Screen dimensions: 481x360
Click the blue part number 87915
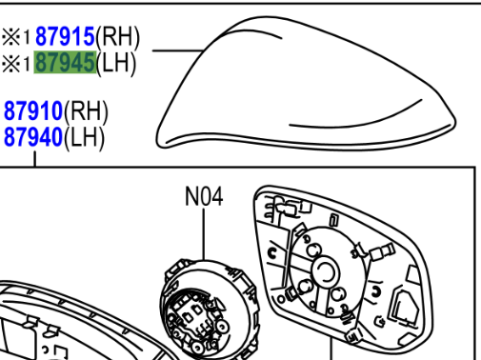pyautogui.click(x=65, y=36)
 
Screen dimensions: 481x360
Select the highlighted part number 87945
pyautogui.click(x=65, y=62)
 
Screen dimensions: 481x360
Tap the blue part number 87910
pyautogui.click(x=33, y=110)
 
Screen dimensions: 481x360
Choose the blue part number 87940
pyautogui.click(x=33, y=137)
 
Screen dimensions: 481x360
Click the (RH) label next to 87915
pyautogui.click(x=117, y=37)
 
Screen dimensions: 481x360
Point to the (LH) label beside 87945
pyautogui.click(x=116, y=63)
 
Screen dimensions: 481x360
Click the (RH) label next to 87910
pyautogui.click(x=86, y=111)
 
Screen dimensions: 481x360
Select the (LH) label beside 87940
pyautogui.click(x=84, y=137)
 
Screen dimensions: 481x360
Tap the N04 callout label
pyautogui.click(x=204, y=196)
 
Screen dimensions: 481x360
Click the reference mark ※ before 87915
pyautogui.click(x=11, y=37)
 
